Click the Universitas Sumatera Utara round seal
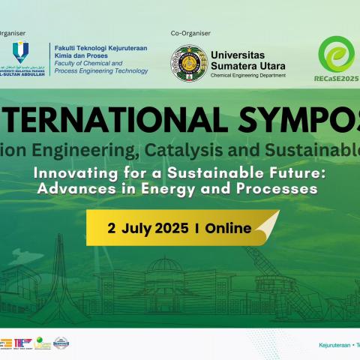click(x=189, y=64)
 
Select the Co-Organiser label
click(x=191, y=33)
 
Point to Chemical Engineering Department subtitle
click(x=248, y=76)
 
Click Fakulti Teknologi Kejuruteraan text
click(x=100, y=47)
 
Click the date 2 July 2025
click(x=147, y=228)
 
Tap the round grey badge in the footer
click(x=61, y=343)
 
